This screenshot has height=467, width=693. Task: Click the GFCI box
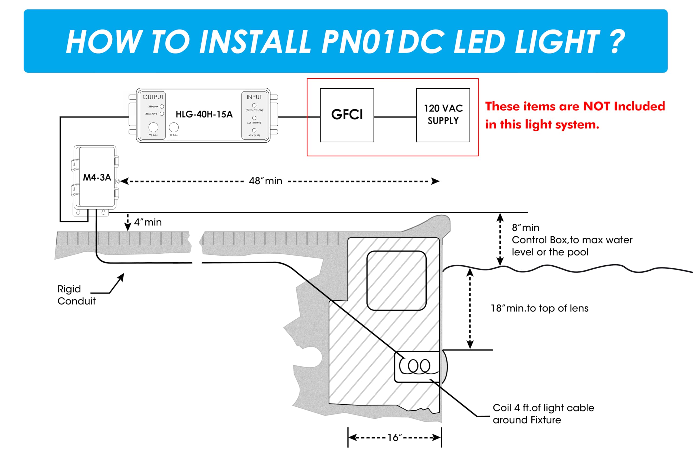coord(347,115)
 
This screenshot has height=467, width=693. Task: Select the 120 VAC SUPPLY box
coord(443,115)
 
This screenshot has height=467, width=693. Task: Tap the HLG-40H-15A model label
coord(204,114)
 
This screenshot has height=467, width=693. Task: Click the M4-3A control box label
coord(97,178)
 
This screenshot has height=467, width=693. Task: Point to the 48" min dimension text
coord(265,181)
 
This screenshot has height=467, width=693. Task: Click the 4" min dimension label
coord(148,222)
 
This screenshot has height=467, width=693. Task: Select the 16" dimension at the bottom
coord(394,437)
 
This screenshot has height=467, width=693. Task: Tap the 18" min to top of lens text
coord(539,308)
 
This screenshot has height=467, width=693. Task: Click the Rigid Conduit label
coord(76,295)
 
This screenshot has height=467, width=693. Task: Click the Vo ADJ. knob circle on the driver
coord(153,127)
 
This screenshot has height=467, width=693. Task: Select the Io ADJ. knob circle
coord(174,127)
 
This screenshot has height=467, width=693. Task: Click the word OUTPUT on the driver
coord(153,97)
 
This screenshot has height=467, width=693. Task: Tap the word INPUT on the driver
coord(254,97)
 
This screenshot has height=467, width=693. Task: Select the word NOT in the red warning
coord(596,106)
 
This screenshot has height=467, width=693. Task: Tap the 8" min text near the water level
coord(525,228)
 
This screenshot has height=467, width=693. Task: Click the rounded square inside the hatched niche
coord(397,281)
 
